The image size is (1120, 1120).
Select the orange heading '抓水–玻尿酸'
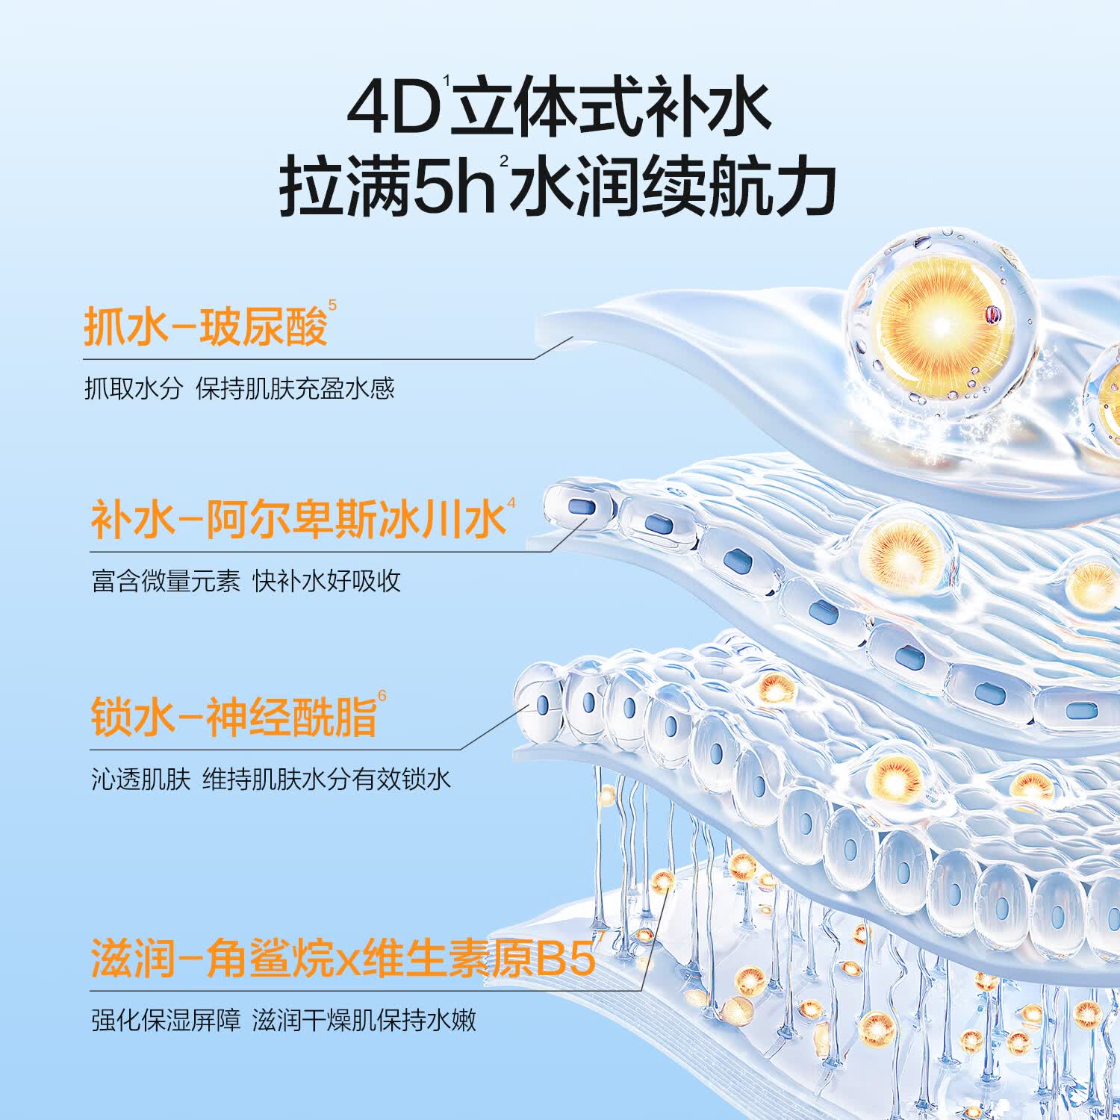coord(205,326)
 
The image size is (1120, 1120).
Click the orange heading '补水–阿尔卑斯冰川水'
coord(298,519)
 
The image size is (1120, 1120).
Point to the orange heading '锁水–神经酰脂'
coord(234,716)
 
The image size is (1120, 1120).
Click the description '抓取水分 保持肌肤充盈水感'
coord(239,388)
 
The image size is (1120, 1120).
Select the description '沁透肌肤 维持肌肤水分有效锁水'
coord(271,779)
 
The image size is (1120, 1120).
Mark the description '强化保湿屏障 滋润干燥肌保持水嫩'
coord(284,1020)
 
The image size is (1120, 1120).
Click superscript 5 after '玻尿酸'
coord(332,305)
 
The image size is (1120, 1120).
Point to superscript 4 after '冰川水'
coord(511,503)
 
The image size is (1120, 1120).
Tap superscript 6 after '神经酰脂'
coord(382,697)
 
